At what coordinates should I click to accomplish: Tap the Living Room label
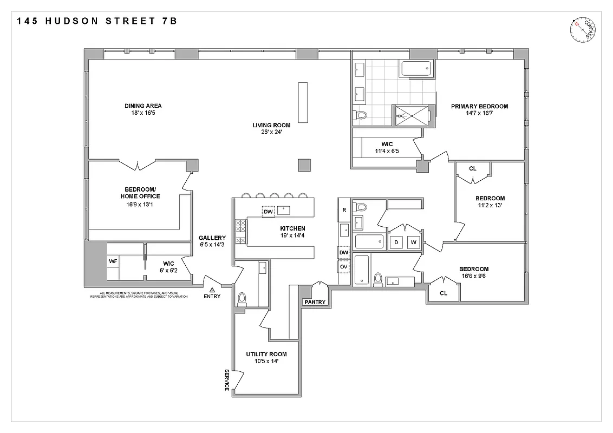[x=271, y=125]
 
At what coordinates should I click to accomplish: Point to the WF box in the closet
[x=113, y=261]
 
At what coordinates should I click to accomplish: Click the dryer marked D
[x=396, y=242]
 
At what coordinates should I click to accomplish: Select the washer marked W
[x=414, y=242]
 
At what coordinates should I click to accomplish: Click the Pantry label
[x=315, y=302]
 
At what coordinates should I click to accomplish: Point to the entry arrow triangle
[x=212, y=290]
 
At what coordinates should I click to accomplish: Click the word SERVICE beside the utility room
[x=227, y=380]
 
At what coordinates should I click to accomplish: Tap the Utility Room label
[x=266, y=354]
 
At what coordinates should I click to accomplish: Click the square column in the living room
[x=305, y=165]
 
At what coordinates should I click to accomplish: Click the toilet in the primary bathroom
[x=361, y=115]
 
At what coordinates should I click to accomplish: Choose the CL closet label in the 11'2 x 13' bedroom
[x=473, y=168]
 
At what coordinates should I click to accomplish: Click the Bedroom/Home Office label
[x=140, y=192]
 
